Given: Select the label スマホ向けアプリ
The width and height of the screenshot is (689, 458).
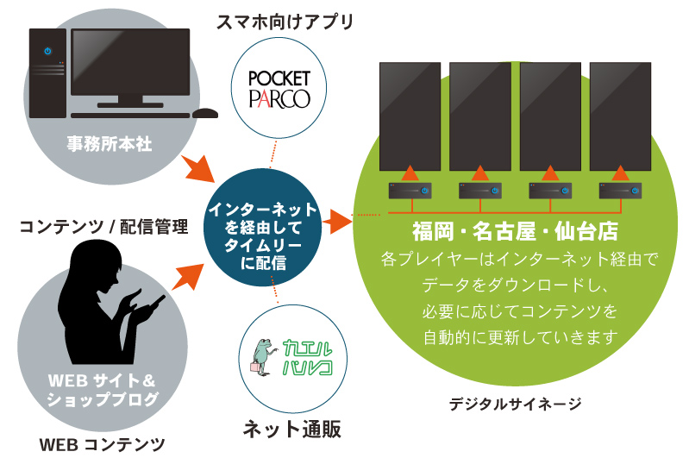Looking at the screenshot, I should pos(285,22).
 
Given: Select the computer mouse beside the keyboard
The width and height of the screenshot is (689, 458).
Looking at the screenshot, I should pos(205,113).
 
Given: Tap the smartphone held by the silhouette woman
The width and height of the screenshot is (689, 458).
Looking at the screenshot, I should pos(158,301).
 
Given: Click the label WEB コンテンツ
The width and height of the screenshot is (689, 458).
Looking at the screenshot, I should pos(103,444).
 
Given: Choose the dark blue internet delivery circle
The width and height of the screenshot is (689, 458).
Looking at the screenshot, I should pos(262,234).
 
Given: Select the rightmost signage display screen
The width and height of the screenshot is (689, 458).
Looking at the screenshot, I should pos(621,116).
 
